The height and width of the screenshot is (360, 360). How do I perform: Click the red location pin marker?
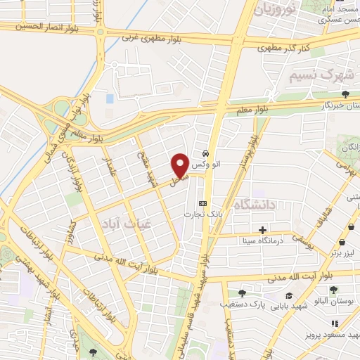pos(179,165)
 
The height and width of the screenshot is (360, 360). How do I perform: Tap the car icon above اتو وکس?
pos(204,153)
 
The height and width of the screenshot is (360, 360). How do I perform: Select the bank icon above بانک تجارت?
pos(203,203)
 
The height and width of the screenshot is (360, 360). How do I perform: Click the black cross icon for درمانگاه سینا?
pos(262,230)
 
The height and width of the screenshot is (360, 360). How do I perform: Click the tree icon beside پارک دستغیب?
pos(243,292)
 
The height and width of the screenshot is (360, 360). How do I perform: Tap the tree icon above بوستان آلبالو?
pos(334,289)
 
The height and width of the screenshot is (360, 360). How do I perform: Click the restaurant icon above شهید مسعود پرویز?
pos(335,323)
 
